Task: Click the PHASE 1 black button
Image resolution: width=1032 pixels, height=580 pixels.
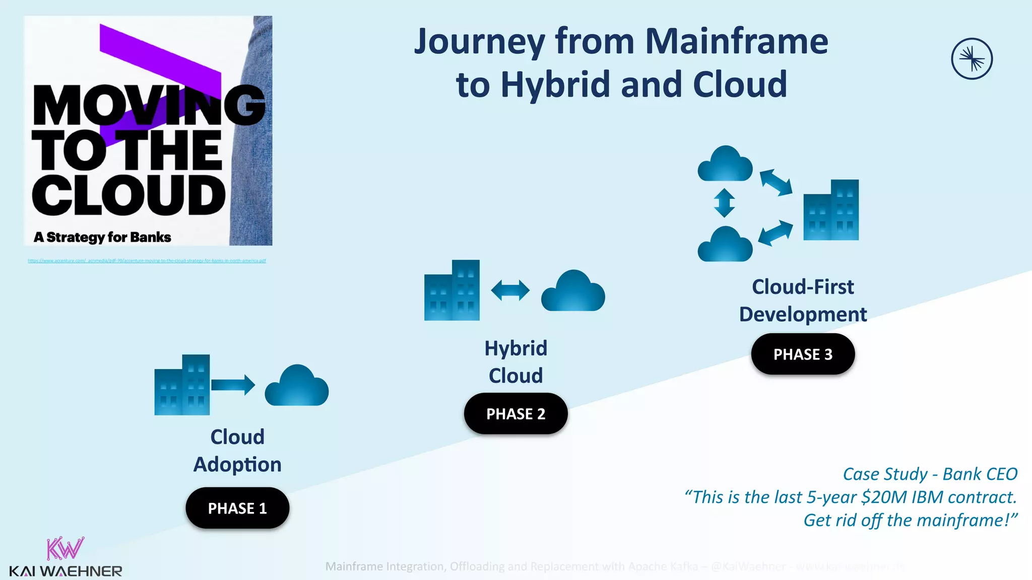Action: pos(237,508)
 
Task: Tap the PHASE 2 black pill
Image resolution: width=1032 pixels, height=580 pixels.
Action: pos(515,413)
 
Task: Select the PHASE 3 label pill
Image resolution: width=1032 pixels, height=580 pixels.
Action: pos(803,354)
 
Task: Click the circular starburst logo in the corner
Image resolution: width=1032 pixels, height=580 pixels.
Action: pos(972,59)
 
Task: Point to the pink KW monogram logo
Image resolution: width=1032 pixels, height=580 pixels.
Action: pos(65,549)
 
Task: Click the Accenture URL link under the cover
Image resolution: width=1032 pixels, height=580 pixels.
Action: pos(147,261)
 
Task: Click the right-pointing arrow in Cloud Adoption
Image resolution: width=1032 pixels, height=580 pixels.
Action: pos(233,385)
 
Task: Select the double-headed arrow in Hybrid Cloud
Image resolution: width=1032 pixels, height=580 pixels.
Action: pos(510,291)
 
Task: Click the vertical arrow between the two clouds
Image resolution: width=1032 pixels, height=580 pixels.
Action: pos(724,203)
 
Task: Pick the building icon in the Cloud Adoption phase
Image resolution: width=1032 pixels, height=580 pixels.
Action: pos(182,385)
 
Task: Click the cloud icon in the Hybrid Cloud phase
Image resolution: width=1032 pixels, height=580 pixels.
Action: pos(573,292)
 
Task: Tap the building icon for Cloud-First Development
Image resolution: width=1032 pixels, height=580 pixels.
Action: pos(831,210)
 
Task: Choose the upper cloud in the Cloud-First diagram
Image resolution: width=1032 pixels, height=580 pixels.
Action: pos(725,164)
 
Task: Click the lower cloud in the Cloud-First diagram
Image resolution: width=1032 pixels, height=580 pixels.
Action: pos(725,245)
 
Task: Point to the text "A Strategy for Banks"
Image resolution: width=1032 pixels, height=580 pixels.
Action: pos(102,237)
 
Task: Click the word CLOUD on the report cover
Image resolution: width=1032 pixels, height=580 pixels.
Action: pos(128,195)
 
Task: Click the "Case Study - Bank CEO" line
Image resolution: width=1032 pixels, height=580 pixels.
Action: pos(930,474)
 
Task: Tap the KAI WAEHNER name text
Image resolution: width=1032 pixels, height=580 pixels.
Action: pos(66,571)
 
